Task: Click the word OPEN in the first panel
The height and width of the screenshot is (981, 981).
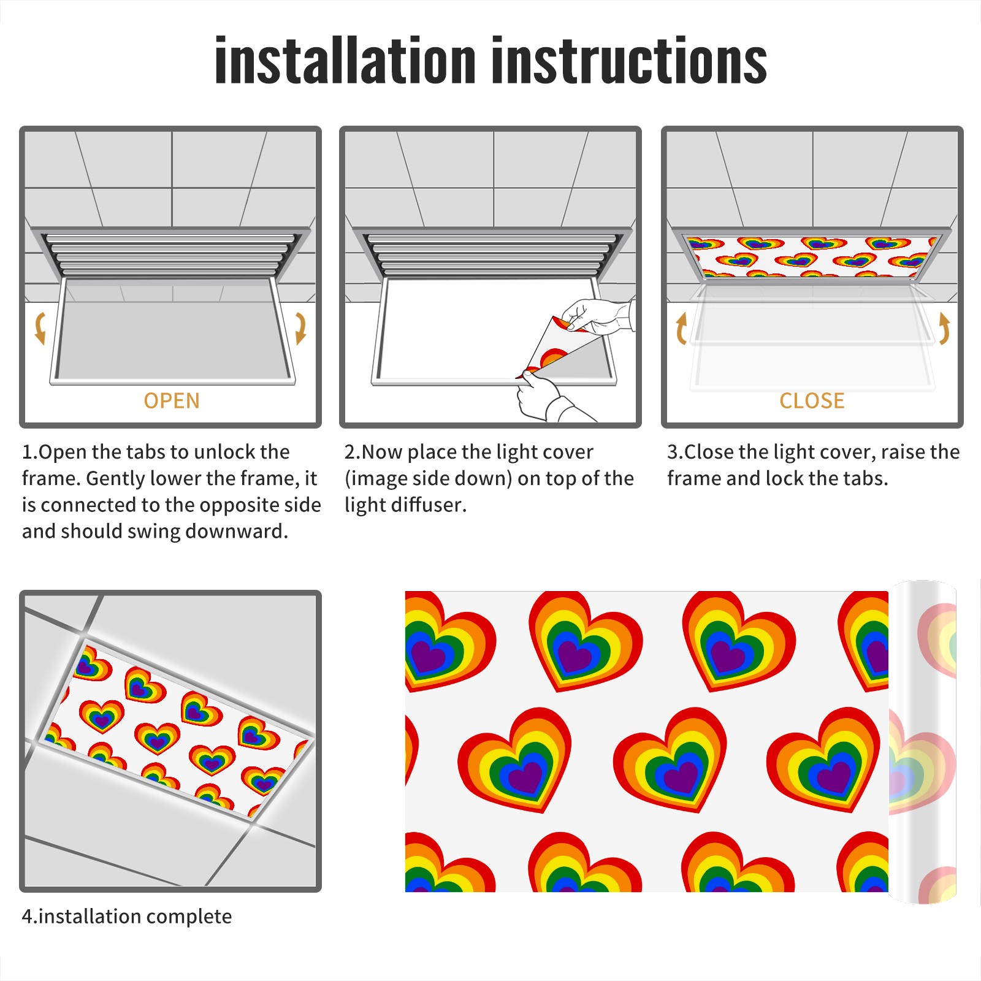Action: (x=172, y=401)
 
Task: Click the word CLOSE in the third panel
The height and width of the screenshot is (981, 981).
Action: (x=812, y=401)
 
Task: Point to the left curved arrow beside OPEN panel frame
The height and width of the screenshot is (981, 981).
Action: (x=40, y=328)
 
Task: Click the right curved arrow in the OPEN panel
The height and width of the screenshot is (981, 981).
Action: (x=300, y=328)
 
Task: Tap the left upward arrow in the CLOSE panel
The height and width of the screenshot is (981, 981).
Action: (x=681, y=328)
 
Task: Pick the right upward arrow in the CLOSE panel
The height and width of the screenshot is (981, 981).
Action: (x=944, y=328)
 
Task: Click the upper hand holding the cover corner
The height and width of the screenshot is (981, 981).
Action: (x=598, y=316)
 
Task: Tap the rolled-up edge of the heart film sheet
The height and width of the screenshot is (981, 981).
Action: (x=922, y=742)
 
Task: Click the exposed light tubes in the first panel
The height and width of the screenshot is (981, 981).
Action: (x=170, y=253)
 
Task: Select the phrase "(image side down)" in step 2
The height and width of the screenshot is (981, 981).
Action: (x=428, y=478)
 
